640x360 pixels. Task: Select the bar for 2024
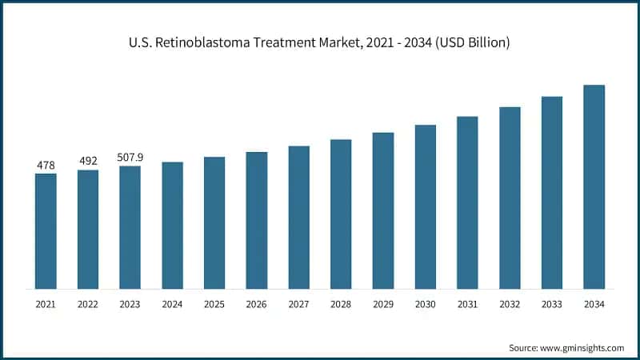pos(172,225)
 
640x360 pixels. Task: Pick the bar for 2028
pos(341,214)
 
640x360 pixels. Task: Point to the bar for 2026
pos(257,220)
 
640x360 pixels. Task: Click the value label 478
pos(46,165)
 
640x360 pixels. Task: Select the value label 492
pos(88,161)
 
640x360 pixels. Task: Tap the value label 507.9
pos(130,158)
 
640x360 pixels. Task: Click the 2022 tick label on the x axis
pos(88,305)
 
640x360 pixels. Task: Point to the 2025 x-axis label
pos(214,305)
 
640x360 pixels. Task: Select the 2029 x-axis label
pos(383,305)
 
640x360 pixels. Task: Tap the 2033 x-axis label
pos(552,305)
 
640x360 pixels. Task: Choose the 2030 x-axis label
pos(425,305)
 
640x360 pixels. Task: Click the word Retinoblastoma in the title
pos(202,42)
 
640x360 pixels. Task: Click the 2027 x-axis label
pos(298,305)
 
